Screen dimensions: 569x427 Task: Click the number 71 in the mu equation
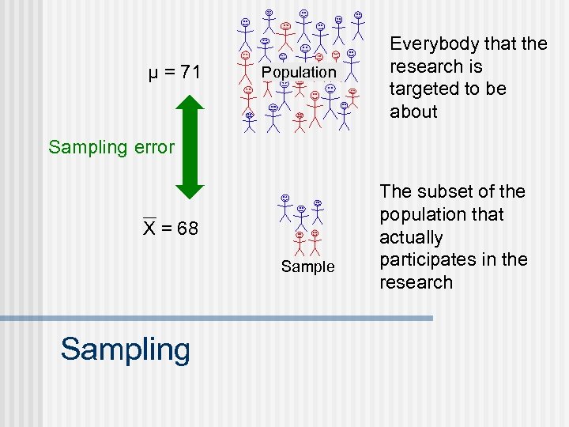coord(190,74)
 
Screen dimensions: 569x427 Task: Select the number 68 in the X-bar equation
coord(187,229)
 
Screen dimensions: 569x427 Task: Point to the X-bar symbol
coord(149,229)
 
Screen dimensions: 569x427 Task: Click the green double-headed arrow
coord(190,146)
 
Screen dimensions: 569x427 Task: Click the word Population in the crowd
coord(299,72)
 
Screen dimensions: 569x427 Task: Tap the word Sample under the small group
coord(308,266)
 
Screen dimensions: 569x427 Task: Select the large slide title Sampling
coord(125,349)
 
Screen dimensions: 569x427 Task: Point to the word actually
coord(411,237)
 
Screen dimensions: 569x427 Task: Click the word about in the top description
coord(413,111)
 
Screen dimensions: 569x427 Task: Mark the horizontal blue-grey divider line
coord(217,318)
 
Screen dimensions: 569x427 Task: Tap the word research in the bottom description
coord(416,282)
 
